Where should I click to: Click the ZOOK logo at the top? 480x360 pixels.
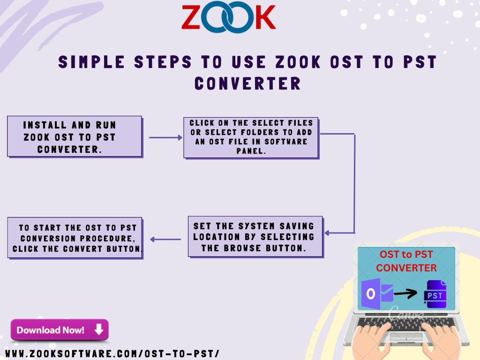coord(228,17)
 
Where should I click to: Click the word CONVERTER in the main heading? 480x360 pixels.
coord(247,83)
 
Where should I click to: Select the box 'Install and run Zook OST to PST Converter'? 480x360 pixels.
coord(75,136)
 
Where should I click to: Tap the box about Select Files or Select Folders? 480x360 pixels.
coord(251,138)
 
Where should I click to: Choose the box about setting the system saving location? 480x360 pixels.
coord(255,237)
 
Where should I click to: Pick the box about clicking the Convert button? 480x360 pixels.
coord(75,238)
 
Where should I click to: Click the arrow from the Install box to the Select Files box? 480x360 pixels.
coord(165,138)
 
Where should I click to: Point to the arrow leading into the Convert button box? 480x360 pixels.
coord(165,240)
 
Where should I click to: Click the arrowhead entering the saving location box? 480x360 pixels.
coord(327,233)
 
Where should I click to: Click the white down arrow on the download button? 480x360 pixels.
coord(99,330)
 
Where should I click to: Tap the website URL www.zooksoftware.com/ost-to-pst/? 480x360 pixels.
coord(112,353)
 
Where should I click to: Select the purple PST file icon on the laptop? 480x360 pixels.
coord(435,294)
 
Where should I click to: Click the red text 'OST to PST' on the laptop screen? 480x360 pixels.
coord(406,255)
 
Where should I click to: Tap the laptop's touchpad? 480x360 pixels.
coord(406,337)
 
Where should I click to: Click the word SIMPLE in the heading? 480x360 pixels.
coord(91,62)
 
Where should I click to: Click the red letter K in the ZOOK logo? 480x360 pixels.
coord(265,17)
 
